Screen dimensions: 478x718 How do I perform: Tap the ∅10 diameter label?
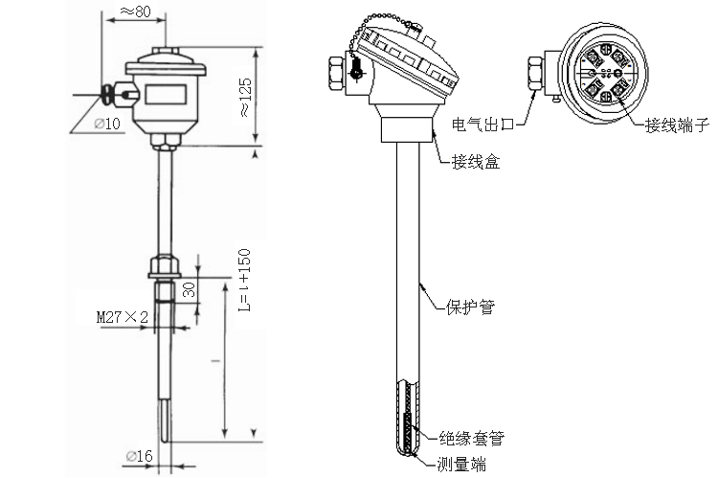tap(107, 124)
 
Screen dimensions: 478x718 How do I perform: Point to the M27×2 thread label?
tap(123, 315)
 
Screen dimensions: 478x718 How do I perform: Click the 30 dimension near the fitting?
tap(188, 290)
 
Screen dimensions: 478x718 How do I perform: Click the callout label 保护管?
tap(470, 307)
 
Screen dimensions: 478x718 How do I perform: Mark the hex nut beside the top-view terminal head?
tap(535, 75)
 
